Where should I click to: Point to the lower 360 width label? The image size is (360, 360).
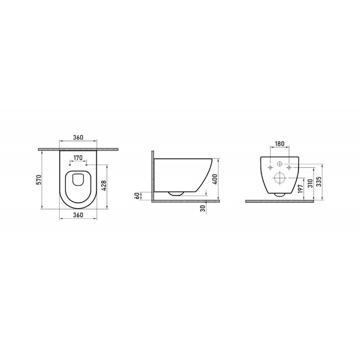coord(78,215)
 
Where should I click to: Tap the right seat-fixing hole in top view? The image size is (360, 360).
coord(87,164)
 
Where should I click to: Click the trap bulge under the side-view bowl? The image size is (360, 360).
coord(177,194)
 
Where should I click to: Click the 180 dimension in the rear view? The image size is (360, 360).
coord(279,143)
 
